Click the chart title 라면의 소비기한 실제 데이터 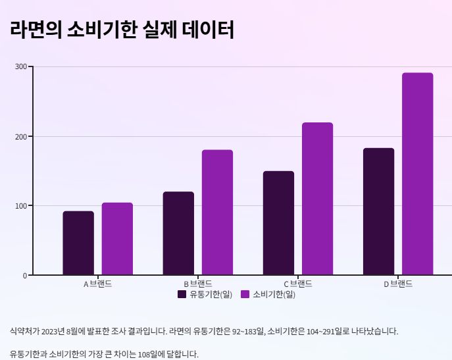click(x=122, y=30)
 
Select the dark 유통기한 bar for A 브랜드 click(x=78, y=243)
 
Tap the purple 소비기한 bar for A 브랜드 click(x=117, y=239)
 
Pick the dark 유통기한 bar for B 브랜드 click(x=178, y=234)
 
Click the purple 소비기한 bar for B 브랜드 click(x=217, y=213)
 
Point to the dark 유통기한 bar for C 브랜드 click(x=278, y=223)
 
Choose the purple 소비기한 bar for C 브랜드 click(x=317, y=199)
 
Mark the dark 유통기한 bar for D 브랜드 click(x=378, y=211)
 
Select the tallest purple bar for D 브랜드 click(x=417, y=174)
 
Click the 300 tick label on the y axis click(x=21, y=67)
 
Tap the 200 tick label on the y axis click(x=21, y=136)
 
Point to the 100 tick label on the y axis click(x=21, y=206)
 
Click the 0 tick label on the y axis click(x=25, y=275)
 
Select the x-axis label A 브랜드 click(x=97, y=284)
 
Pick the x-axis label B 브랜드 click(x=197, y=284)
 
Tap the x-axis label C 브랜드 click(x=298, y=284)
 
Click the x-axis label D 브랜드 click(x=398, y=284)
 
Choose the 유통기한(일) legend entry click(x=205, y=294)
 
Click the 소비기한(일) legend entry click(x=268, y=294)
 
